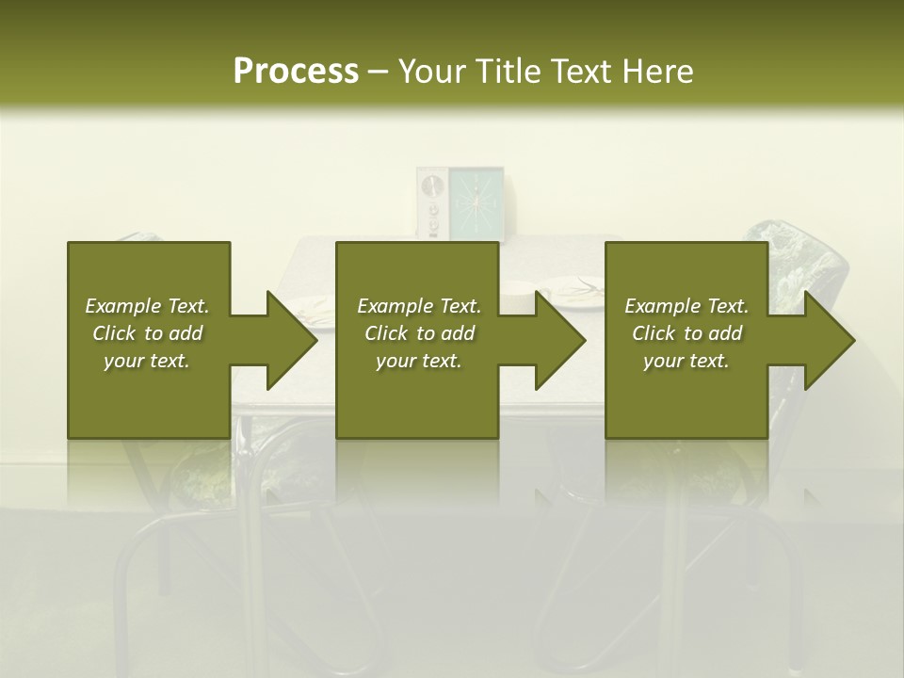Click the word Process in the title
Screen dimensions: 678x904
click(296, 71)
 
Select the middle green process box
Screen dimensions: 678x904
click(417, 395)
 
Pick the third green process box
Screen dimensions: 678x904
click(686, 395)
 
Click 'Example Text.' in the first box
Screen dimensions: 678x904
click(147, 306)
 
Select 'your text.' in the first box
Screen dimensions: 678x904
click(147, 361)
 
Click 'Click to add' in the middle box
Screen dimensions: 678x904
click(419, 333)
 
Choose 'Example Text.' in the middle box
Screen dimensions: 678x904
click(419, 306)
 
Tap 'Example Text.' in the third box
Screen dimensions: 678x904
click(686, 306)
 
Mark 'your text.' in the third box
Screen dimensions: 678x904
click(686, 361)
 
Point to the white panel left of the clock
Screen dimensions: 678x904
click(431, 202)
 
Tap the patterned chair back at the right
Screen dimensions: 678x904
click(805, 264)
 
